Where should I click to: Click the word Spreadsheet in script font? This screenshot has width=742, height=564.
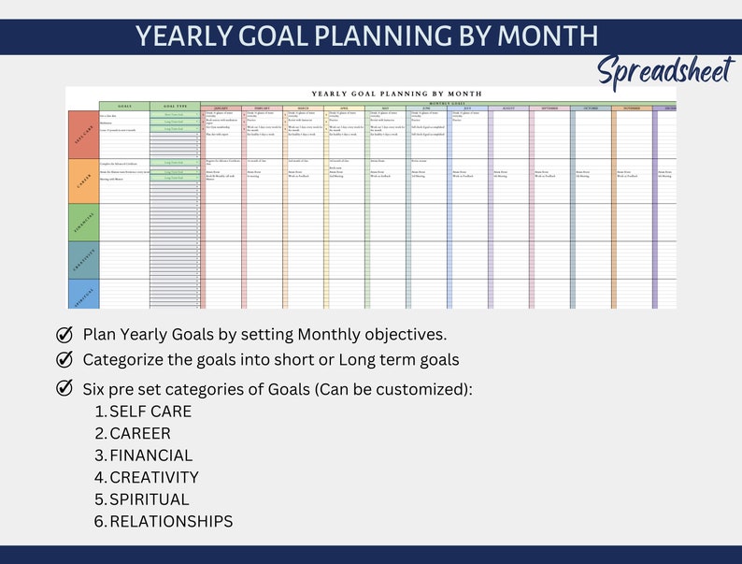[x=665, y=69]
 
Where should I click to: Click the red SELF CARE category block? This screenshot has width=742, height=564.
[x=82, y=134]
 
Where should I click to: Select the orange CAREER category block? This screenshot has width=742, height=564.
[x=82, y=181]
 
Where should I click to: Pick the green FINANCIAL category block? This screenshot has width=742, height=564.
[x=82, y=223]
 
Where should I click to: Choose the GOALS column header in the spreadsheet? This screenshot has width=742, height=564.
[x=124, y=107]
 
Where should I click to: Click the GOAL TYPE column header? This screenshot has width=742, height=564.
[x=175, y=107]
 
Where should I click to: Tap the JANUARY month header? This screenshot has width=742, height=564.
[x=222, y=108]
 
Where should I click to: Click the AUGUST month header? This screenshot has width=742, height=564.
[x=509, y=108]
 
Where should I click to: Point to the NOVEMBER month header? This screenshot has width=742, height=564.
[x=633, y=108]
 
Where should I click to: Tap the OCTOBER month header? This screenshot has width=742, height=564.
[x=592, y=108]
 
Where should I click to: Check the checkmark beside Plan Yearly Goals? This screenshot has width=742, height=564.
[x=64, y=335]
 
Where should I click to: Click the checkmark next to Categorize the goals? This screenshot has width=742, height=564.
[x=64, y=359]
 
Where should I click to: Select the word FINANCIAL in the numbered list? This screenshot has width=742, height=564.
[x=150, y=456]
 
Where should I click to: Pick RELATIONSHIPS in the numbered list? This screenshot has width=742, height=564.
[x=171, y=522]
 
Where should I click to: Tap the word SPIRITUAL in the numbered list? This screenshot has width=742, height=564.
[x=149, y=499]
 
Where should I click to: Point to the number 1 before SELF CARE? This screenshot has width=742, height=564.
[x=99, y=412]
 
